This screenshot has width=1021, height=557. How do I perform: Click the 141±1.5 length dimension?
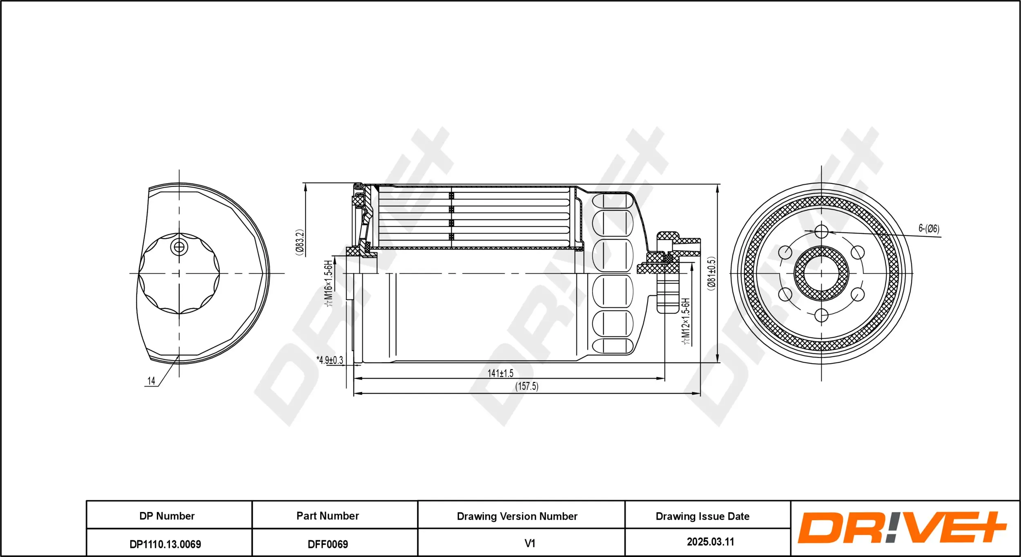tap(500, 373)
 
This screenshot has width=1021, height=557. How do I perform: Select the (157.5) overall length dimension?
tap(526, 386)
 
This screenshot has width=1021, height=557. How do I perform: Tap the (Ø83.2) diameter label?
tap(300, 243)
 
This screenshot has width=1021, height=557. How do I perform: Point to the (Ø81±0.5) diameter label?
tap(711, 274)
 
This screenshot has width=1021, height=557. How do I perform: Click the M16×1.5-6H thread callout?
tap(328, 283)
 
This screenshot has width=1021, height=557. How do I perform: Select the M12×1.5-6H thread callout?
tap(686, 321)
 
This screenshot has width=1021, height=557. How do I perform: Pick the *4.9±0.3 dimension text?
tap(330, 360)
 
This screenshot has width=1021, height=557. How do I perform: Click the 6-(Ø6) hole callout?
tap(929, 228)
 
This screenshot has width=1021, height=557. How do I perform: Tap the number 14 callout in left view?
tap(151, 381)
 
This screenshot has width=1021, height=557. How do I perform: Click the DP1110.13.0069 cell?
tap(165, 544)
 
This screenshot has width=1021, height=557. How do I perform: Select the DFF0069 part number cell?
tap(328, 544)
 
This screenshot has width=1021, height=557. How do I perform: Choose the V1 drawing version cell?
tap(530, 543)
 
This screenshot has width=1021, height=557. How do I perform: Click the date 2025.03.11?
tap(710, 542)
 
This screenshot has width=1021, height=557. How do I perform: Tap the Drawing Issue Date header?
tap(702, 516)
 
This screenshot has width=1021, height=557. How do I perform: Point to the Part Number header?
tap(328, 516)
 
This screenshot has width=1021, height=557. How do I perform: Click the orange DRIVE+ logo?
tap(901, 528)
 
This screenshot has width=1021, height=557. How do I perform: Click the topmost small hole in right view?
tap(821, 231)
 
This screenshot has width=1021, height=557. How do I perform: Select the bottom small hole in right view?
tap(821, 315)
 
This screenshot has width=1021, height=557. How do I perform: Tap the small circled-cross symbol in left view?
tap(179, 247)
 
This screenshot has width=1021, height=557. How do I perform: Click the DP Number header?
tap(167, 516)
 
